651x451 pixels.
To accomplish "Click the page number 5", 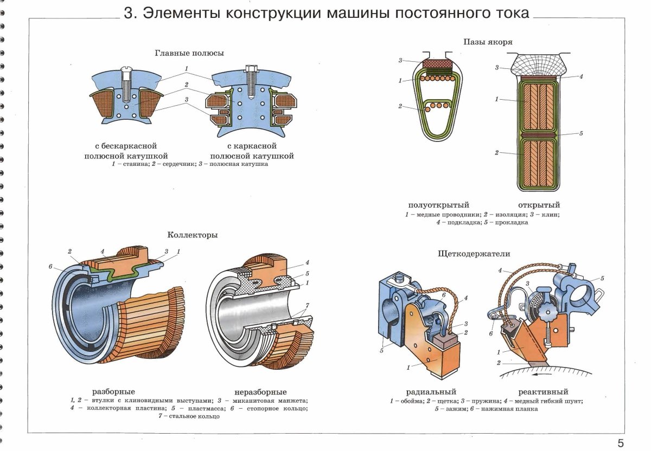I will tap(621, 442).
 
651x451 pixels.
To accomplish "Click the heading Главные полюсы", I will tap(189, 53).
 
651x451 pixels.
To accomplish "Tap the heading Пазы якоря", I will tap(488, 42).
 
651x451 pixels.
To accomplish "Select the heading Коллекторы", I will tap(193, 235).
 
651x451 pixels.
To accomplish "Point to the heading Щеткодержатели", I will tap(474, 254).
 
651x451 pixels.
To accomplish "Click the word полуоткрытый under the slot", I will tap(438, 205).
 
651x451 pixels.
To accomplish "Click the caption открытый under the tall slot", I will tap(539, 205).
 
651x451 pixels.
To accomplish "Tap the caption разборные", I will tap(113, 391).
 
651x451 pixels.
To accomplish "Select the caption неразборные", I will tap(260, 392).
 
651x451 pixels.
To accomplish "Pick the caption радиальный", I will tap(431, 392).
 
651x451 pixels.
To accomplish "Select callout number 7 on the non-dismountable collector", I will tap(307, 305).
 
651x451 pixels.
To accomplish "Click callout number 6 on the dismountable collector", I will tap(50, 266).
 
